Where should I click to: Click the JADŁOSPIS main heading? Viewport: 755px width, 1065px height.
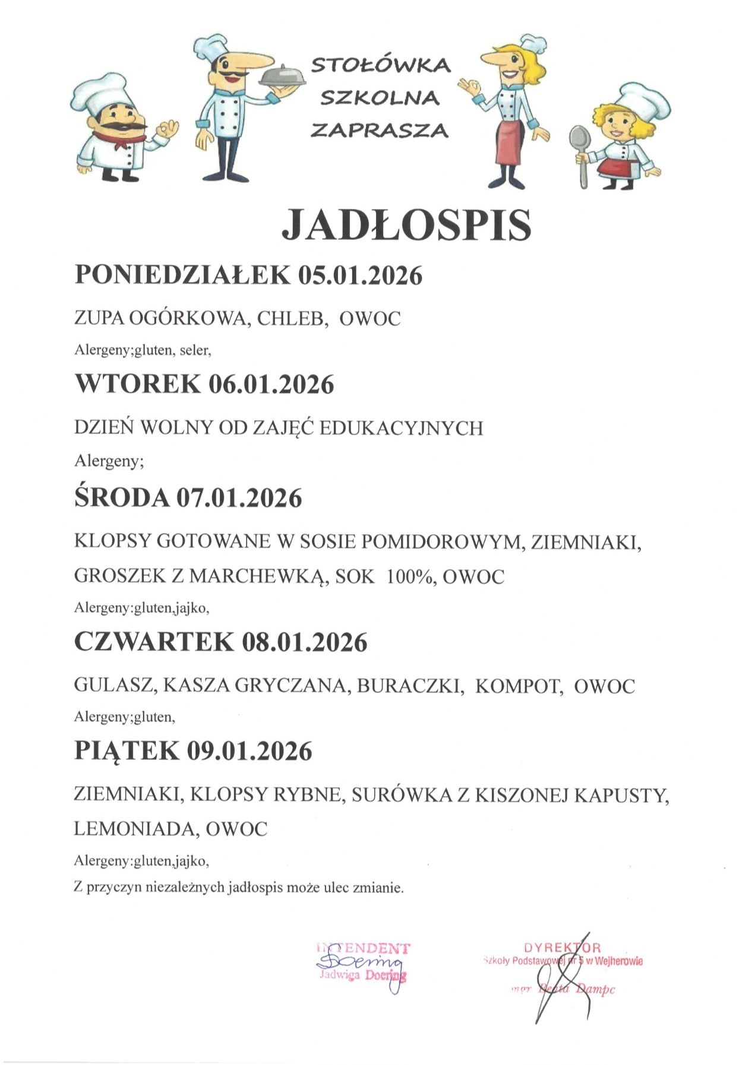406,224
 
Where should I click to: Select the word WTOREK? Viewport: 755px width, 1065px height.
138,384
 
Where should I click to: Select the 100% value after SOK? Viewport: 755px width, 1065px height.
409,576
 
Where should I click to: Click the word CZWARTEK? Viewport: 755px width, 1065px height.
154,642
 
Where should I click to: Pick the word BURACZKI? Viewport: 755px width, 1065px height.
410,686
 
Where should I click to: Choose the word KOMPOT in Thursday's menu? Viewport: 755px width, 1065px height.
518,686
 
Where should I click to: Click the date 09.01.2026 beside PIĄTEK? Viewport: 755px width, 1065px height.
249,751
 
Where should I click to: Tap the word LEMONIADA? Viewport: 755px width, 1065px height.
135,829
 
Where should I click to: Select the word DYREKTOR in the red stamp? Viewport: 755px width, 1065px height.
563,948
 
